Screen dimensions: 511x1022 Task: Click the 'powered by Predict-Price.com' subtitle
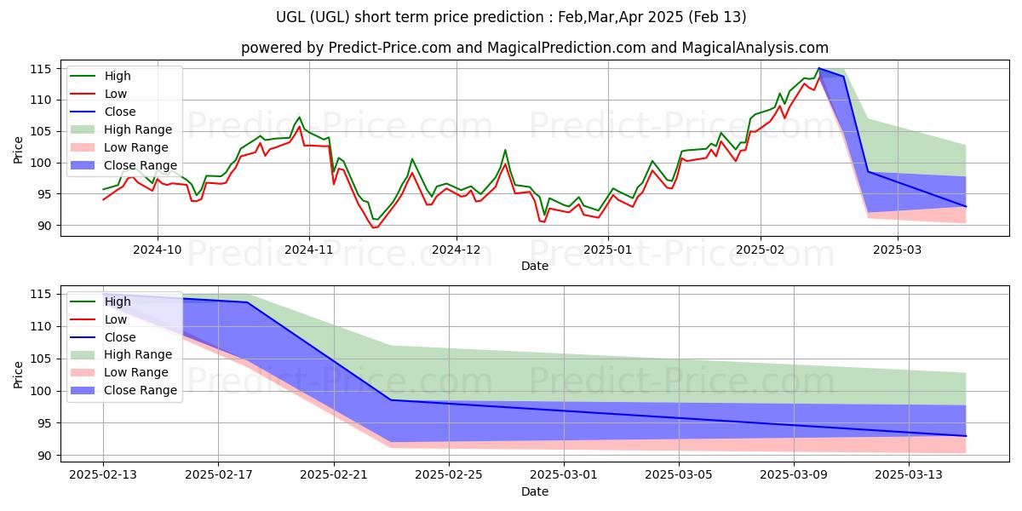coord(534,48)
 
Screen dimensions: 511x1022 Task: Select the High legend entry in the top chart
coord(118,76)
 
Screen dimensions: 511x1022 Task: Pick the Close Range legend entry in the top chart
coord(141,165)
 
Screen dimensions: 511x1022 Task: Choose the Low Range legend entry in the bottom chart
coord(137,372)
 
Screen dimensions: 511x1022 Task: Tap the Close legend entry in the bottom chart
coord(120,336)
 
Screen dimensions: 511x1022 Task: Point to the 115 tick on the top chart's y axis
coord(43,69)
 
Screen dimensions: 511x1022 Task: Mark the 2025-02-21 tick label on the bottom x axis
coord(333,474)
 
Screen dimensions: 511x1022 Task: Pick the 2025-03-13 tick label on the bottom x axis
coord(909,474)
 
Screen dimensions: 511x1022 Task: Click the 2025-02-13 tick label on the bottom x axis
coord(103,474)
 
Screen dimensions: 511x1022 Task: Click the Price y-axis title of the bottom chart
coord(19,374)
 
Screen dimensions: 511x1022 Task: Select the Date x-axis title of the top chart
coord(534,266)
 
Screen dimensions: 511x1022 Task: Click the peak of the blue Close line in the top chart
coord(819,68)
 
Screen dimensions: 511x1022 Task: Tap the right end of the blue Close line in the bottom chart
coord(966,436)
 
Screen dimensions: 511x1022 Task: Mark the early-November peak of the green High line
coord(299,117)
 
